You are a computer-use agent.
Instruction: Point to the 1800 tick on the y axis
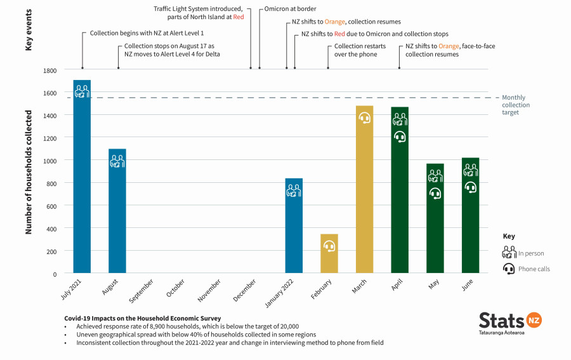(x=49, y=70)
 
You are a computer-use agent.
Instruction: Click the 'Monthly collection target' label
(x=515, y=105)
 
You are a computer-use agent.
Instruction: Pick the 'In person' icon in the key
(x=509, y=252)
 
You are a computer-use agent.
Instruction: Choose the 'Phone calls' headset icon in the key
(x=509, y=269)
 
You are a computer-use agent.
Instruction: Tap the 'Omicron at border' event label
(x=291, y=10)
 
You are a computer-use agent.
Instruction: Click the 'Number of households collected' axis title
(x=29, y=171)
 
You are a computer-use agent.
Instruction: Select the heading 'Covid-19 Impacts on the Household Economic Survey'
(x=142, y=317)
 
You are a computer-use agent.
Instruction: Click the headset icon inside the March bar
(x=364, y=118)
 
